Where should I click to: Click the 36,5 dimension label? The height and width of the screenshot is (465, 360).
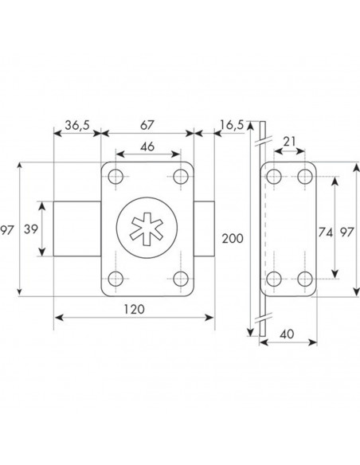point(77,126)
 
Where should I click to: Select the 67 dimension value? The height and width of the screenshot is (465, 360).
point(147,126)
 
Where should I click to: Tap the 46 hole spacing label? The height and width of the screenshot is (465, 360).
point(147,147)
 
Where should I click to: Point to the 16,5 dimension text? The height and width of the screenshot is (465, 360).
point(232,125)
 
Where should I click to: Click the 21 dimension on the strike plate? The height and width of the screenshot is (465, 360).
point(289,142)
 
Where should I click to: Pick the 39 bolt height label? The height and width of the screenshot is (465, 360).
point(31,229)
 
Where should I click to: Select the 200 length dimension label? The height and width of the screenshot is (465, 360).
point(233,238)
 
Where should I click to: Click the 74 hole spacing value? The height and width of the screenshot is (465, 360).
point(325,232)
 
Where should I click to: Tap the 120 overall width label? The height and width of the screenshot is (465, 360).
point(134,309)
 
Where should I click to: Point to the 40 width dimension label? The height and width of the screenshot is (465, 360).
point(287,334)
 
